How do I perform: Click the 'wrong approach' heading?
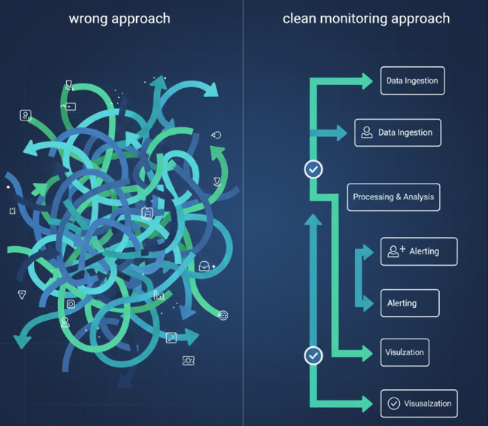click(120, 18)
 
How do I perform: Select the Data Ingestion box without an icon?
click(412, 81)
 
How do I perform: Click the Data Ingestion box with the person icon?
click(397, 132)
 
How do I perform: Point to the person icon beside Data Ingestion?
click(367, 132)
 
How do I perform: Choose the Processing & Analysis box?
click(393, 197)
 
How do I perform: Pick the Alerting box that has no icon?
click(409, 303)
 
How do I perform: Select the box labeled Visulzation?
click(405, 352)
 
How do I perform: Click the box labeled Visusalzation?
click(419, 403)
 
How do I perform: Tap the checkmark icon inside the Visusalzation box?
click(393, 403)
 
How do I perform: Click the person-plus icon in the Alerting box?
click(396, 251)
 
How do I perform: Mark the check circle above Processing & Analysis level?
click(314, 169)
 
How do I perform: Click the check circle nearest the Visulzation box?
click(314, 354)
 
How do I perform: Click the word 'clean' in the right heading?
click(299, 18)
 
